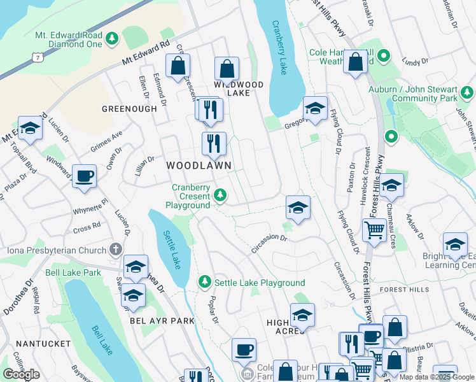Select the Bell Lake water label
click(x=100, y=340)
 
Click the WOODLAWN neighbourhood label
click(x=198, y=165)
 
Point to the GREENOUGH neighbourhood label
click(x=129, y=109)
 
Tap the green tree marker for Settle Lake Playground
click(x=205, y=281)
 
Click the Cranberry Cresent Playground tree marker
click(x=220, y=194)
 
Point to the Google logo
click(x=22, y=374)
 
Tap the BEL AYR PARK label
click(x=162, y=320)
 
